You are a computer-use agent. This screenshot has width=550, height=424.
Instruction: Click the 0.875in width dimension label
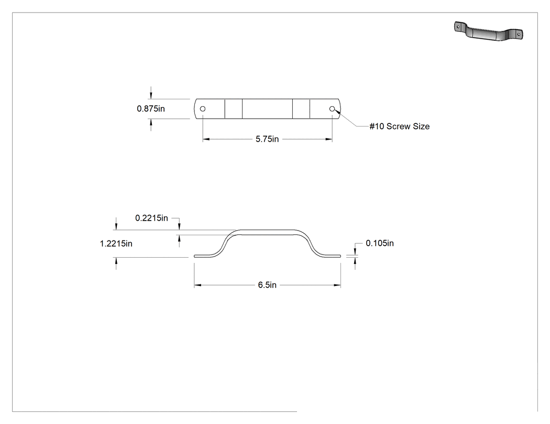point(151,109)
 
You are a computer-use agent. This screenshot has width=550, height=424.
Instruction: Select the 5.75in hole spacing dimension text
point(267,139)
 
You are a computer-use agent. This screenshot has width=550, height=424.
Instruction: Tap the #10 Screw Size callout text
point(400,127)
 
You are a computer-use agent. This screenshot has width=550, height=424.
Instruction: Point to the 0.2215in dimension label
point(151,218)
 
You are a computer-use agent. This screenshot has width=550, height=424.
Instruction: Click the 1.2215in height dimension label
point(116,244)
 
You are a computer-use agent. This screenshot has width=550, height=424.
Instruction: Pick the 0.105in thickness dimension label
point(380,243)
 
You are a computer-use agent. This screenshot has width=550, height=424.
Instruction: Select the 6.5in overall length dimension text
point(267,285)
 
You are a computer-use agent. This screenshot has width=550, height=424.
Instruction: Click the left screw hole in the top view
point(203,109)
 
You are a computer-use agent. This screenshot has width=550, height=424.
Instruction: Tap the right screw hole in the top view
point(332,109)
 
